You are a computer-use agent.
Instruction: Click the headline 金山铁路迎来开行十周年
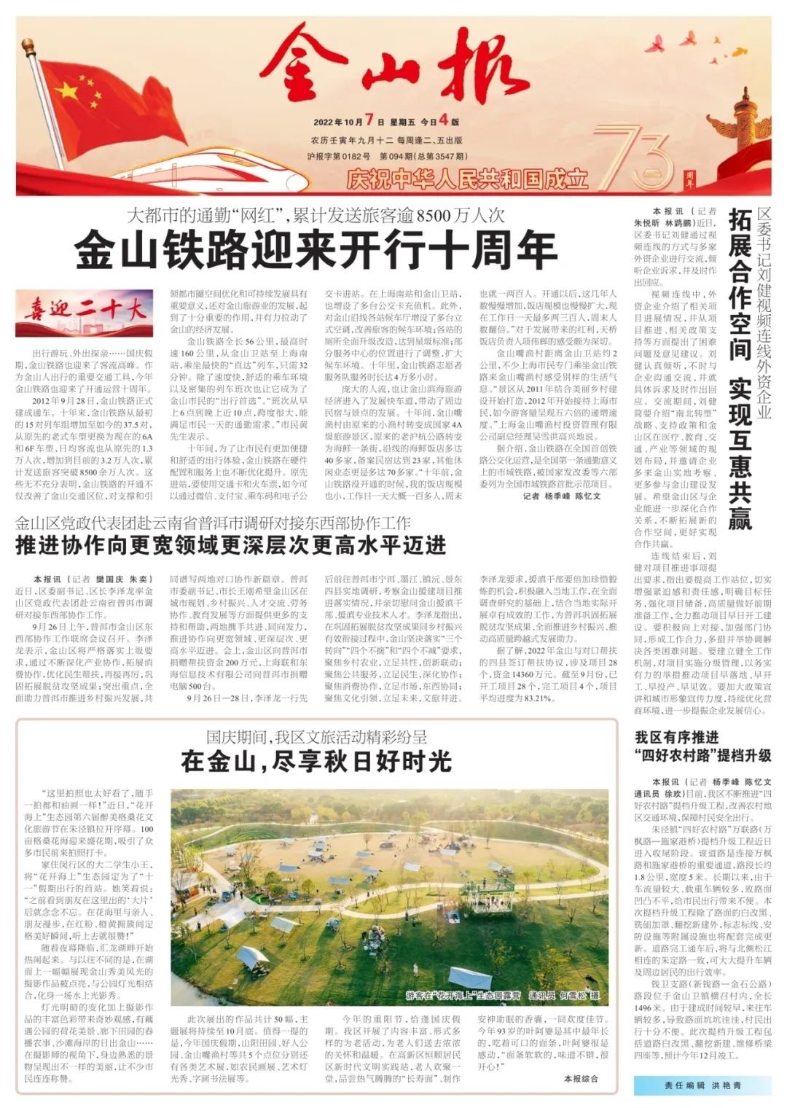[x=316, y=250]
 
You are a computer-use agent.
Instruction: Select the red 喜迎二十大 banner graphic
[x=85, y=313]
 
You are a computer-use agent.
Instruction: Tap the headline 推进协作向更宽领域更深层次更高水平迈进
[x=231, y=545]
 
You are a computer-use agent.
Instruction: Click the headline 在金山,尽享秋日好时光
[x=316, y=761]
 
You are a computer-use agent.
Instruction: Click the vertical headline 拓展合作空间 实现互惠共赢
[x=739, y=368]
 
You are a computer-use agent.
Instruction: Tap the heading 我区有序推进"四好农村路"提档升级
[x=702, y=744]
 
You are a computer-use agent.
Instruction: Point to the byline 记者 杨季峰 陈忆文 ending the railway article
[x=562, y=496]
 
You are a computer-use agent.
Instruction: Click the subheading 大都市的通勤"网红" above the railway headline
[x=316, y=216]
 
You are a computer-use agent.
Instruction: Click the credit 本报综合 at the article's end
[x=581, y=1077]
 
